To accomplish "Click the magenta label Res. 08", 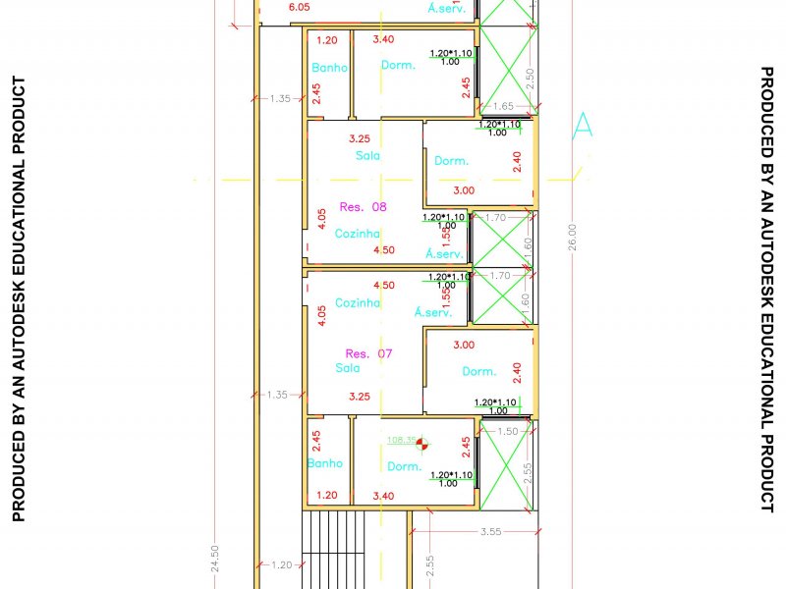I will point(364,207).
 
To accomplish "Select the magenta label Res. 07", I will point(368,353).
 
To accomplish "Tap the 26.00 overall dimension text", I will point(573,239).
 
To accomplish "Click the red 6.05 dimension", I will point(299,7).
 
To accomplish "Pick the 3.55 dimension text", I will point(491,531).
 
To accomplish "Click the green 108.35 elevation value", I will point(402,441).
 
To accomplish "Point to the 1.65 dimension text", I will point(503,106).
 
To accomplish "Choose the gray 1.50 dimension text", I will point(508,431).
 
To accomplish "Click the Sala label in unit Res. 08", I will point(367,156).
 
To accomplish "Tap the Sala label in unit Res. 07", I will point(348,368).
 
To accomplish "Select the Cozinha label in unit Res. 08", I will point(357,234).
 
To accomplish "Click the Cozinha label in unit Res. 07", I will point(357,303).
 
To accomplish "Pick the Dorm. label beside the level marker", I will point(404,466).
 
